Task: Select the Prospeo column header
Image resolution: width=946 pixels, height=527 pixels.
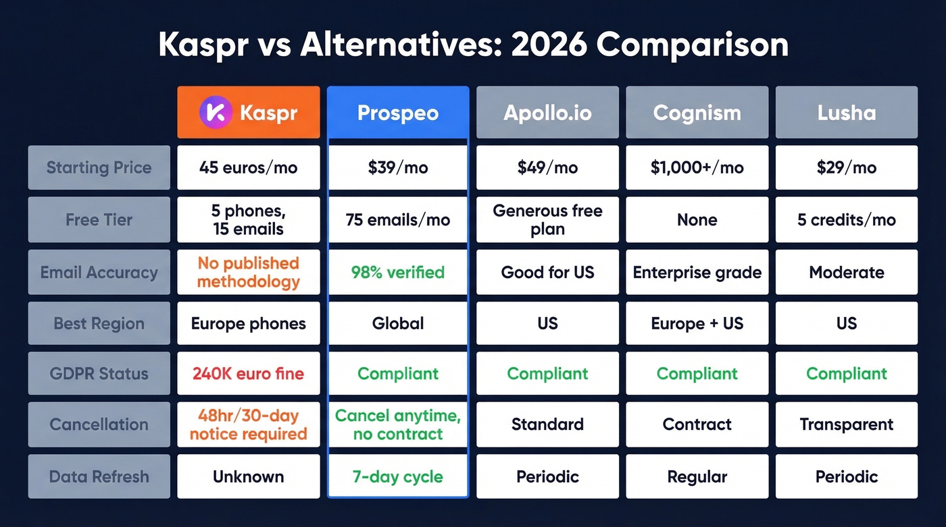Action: (x=397, y=112)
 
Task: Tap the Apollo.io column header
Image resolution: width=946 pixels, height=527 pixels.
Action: (x=547, y=112)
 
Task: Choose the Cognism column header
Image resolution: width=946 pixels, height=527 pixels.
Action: (x=697, y=112)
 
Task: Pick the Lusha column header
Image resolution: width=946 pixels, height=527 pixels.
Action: (x=846, y=112)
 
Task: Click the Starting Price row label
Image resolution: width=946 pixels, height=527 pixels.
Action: (x=99, y=167)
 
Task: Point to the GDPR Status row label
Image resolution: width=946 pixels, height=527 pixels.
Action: (x=99, y=374)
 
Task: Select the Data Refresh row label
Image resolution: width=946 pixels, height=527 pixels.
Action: (x=99, y=476)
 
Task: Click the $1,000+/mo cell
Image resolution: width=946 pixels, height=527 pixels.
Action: (x=697, y=167)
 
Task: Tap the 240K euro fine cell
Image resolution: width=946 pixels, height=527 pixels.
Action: (x=248, y=374)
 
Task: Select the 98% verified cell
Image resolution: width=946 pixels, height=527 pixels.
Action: (x=397, y=273)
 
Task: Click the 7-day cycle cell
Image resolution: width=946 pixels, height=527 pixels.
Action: (x=397, y=476)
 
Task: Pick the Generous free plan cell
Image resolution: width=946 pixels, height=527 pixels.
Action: (x=547, y=219)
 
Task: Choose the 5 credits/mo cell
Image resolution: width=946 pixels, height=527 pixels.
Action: (x=846, y=219)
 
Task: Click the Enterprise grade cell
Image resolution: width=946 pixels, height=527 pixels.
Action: (x=697, y=273)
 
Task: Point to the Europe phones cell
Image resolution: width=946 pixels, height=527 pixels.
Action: (x=248, y=323)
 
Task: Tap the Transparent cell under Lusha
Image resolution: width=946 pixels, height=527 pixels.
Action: (x=846, y=424)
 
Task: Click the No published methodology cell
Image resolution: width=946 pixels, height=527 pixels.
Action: (x=248, y=273)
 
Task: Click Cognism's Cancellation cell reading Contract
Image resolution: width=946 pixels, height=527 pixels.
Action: (x=697, y=424)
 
